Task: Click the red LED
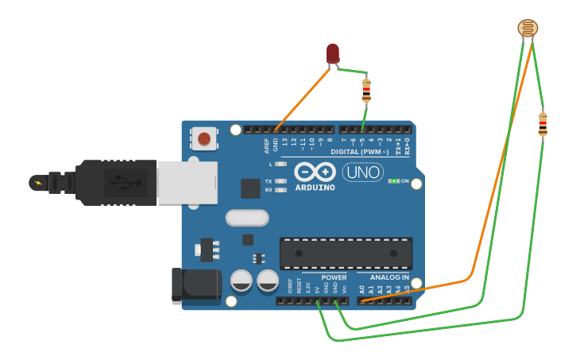(333, 53)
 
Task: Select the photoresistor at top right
(527, 28)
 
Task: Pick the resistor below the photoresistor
(543, 124)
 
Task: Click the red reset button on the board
(204, 139)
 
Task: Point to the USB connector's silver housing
(187, 182)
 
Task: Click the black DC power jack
(195, 285)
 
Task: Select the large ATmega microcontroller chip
(346, 253)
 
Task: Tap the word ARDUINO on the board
(315, 188)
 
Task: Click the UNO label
(362, 172)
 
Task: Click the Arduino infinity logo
(315, 172)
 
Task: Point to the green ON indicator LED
(392, 181)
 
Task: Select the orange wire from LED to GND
(302, 100)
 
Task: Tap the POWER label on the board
(334, 278)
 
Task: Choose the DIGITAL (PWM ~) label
(359, 151)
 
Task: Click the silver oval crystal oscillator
(247, 218)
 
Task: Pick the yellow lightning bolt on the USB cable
(37, 183)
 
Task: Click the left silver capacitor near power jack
(242, 280)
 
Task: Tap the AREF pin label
(267, 145)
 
